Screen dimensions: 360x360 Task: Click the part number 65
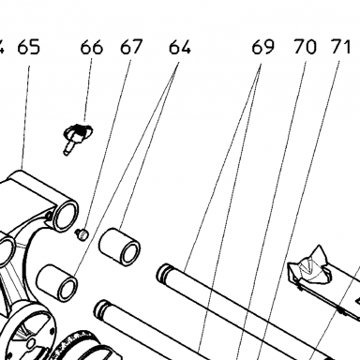click(x=29, y=48)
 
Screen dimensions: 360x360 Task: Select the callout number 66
click(x=92, y=48)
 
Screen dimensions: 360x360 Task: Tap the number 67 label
click(x=131, y=48)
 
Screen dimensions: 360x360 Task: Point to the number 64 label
click(x=180, y=48)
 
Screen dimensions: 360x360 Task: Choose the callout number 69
click(x=263, y=48)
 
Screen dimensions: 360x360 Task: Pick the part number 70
click(x=305, y=48)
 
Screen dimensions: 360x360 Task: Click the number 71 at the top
click(x=340, y=48)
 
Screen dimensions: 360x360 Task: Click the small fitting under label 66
click(x=77, y=138)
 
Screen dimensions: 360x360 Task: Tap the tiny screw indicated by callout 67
click(x=82, y=233)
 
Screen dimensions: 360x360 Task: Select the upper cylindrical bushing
click(x=119, y=247)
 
